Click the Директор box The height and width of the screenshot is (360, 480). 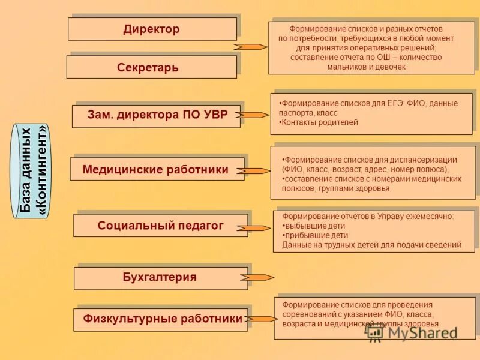(x=152, y=29)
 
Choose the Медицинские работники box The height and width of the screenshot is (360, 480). (x=157, y=169)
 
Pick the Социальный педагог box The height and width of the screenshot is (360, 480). (x=160, y=226)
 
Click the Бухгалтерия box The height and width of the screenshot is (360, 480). (x=160, y=278)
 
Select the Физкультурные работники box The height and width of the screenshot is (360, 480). (x=160, y=319)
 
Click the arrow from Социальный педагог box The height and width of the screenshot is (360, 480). (x=254, y=228)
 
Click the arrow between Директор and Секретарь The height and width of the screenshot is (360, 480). (x=250, y=46)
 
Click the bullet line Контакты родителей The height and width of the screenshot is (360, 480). (x=320, y=122)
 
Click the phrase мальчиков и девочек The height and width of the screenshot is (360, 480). (x=367, y=67)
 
